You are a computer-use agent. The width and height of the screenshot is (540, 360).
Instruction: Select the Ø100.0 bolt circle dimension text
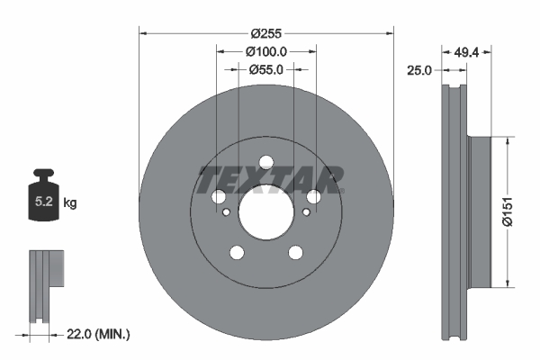point(266,52)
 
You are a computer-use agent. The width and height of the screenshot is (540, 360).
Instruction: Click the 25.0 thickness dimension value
point(420,69)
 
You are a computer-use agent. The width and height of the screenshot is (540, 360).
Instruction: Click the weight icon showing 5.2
point(44,200)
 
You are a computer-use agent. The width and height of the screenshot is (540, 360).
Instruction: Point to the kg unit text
point(70,203)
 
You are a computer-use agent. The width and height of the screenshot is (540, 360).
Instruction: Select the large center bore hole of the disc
point(265,212)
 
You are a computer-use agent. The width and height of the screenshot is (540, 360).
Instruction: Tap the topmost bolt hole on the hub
point(265,163)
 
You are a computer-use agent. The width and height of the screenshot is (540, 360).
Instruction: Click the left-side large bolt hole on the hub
point(219,197)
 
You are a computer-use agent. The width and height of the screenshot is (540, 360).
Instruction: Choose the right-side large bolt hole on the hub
point(313,197)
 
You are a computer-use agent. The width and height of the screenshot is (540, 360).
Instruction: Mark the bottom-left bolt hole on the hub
point(237,252)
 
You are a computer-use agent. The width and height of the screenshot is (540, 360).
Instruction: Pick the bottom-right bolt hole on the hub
point(295,252)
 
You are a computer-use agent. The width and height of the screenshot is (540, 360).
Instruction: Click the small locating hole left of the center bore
point(226,212)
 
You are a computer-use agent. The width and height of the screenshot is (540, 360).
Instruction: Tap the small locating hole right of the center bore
point(306,212)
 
